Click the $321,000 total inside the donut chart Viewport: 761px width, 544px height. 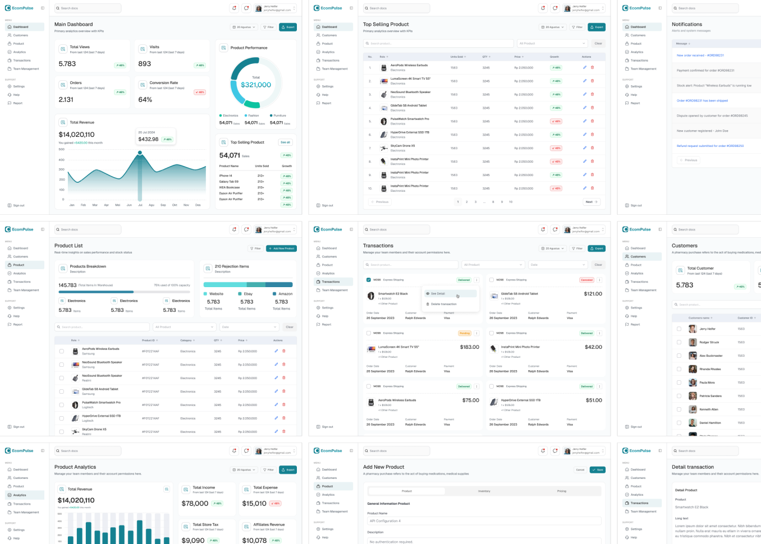[256, 85]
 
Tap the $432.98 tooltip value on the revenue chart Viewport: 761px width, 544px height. [148, 139]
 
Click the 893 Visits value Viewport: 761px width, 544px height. [145, 64]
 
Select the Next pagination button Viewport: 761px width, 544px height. [592, 202]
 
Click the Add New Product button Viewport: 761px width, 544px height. [282, 248]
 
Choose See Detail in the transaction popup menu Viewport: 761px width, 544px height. [438, 293]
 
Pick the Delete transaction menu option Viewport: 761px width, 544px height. [443, 304]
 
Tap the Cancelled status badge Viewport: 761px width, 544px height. [586, 280]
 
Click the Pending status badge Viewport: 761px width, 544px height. [465, 333]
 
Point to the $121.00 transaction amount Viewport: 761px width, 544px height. [593, 294]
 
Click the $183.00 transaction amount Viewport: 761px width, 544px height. [469, 347]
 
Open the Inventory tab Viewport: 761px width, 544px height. [484, 491]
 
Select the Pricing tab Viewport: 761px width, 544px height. [561, 491]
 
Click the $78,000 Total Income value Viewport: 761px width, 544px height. [195, 504]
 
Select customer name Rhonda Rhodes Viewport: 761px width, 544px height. [710, 369]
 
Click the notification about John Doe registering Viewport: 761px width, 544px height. [702, 131]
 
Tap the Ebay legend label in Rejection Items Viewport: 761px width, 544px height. [247, 294]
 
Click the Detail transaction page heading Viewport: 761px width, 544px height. [693, 467]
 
